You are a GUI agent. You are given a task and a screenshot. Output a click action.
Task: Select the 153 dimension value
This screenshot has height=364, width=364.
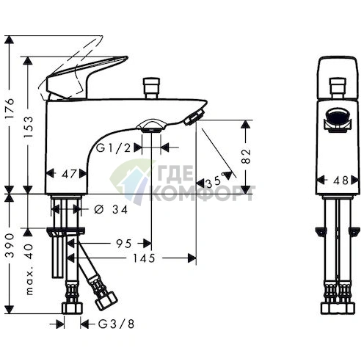28,127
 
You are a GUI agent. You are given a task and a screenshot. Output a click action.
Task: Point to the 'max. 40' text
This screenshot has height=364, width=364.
29,269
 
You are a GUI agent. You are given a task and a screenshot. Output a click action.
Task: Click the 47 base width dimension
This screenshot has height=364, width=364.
69,174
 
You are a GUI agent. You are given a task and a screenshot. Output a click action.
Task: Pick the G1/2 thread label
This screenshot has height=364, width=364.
114,148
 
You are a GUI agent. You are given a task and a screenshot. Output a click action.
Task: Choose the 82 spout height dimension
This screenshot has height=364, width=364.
246,156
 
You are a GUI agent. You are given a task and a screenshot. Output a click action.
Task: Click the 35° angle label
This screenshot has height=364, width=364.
215,182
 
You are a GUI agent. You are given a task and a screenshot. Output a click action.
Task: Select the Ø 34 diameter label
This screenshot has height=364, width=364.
111,209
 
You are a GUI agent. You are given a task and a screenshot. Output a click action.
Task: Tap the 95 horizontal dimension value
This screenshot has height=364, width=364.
124,244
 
